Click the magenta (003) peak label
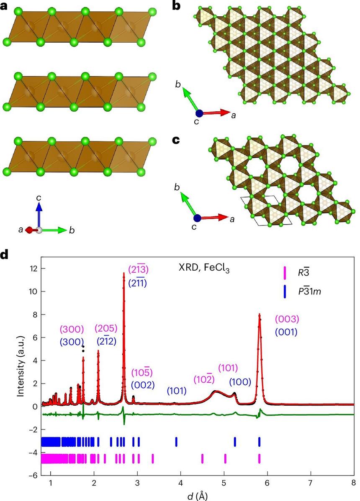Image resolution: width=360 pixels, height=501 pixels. click(286, 320)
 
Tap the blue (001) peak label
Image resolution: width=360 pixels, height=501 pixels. click(286, 332)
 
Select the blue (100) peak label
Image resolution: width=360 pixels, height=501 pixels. click(240, 381)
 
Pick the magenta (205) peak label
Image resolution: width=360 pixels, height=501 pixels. click(106, 327)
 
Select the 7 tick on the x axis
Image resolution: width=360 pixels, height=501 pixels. click(311, 482)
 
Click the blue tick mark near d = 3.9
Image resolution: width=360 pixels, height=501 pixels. click(176, 442)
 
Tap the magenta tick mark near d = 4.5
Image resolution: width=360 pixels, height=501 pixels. click(202, 459)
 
